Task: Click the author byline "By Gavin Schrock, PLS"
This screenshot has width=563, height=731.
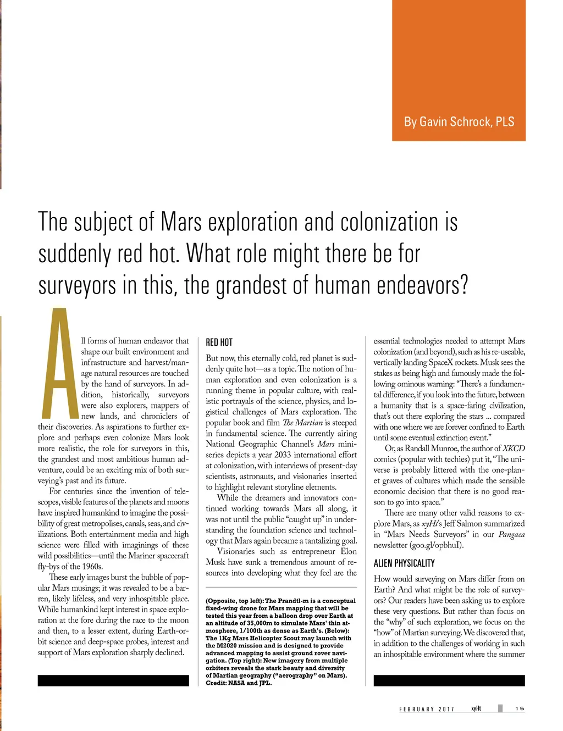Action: click(459, 122)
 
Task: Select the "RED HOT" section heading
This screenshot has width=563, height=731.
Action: click(219, 342)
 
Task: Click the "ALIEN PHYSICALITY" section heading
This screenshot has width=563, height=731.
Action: click(404, 563)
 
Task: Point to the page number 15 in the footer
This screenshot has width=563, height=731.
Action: click(520, 708)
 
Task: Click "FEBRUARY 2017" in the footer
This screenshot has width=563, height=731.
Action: click(427, 709)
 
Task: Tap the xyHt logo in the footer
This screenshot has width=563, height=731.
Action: click(476, 708)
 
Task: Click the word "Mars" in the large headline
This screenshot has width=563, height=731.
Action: click(181, 223)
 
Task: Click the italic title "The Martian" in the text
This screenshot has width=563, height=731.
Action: click(303, 423)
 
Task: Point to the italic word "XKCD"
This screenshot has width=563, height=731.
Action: click(514, 448)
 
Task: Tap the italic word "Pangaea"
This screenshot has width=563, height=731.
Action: click(511, 534)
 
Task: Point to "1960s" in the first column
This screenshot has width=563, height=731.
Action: click(90, 567)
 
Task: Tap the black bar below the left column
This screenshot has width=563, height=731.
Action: click(113, 680)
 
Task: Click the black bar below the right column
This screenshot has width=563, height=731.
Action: click(449, 680)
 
